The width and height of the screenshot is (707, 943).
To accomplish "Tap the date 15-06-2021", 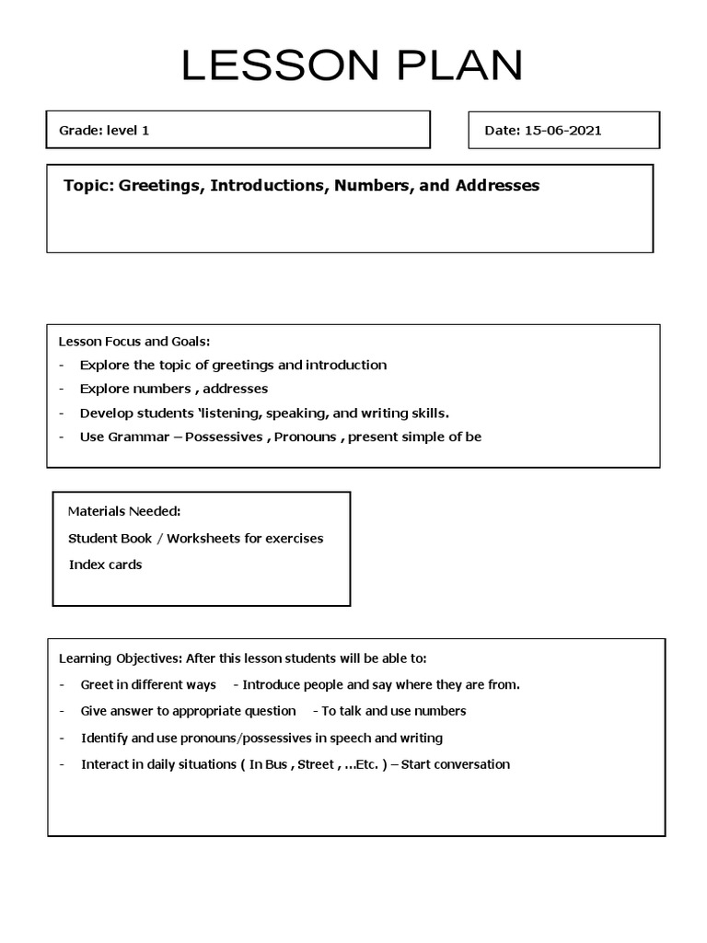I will click(x=562, y=130).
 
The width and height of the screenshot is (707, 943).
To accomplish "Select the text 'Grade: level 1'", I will click(x=104, y=130).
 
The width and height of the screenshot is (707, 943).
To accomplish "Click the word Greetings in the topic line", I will click(x=161, y=186).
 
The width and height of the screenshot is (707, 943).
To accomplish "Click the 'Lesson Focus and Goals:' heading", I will click(x=133, y=342).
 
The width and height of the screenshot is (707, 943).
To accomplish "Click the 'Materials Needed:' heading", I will click(x=123, y=511).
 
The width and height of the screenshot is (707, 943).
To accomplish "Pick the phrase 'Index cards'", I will click(x=105, y=565).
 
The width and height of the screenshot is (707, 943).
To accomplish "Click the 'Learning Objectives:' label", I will click(x=120, y=658).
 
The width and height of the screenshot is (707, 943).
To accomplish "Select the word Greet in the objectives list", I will click(x=97, y=684).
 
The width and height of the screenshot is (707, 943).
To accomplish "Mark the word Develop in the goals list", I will click(x=105, y=413).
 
